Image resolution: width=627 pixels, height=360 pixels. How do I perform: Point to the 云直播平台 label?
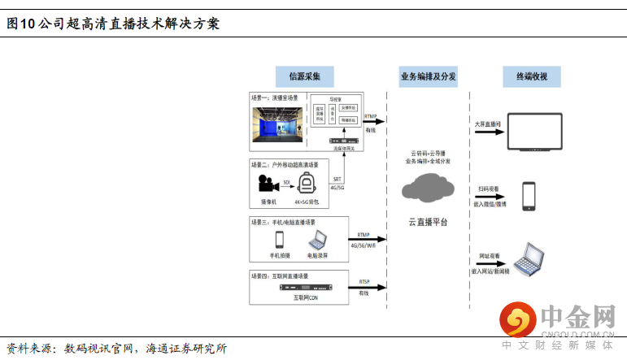coord(427,221)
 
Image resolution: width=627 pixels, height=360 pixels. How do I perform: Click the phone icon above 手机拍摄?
coord(280,240)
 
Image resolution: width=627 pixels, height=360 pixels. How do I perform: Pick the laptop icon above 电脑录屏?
coord(316,240)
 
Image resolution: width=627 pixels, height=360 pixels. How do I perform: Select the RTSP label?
coord(364,282)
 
